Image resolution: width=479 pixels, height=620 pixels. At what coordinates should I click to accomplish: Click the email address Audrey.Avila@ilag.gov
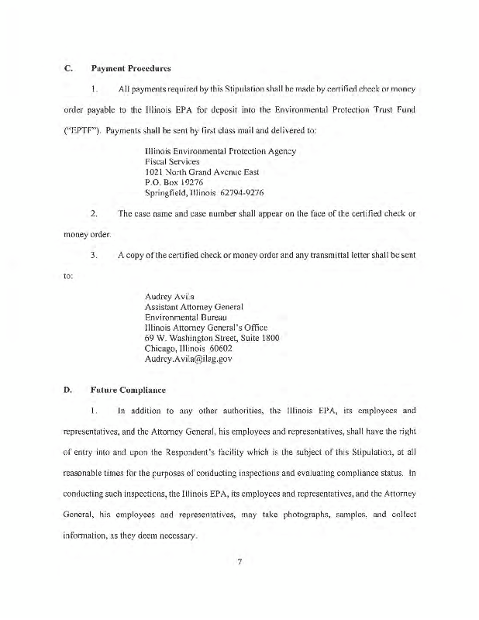tap(188, 359)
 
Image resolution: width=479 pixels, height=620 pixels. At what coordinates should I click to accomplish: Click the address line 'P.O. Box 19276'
tap(174, 181)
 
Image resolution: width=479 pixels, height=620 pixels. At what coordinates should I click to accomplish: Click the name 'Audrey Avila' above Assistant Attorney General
tap(169, 296)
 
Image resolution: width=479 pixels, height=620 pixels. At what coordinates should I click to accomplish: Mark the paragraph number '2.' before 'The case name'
tap(93, 213)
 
